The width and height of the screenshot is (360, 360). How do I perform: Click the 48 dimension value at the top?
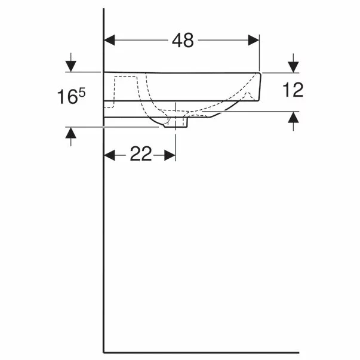click(183, 40)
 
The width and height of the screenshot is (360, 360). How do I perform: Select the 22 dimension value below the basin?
click(141, 155)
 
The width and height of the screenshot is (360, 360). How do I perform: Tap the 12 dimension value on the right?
click(293, 90)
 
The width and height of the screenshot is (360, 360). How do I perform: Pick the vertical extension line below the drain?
click(176, 143)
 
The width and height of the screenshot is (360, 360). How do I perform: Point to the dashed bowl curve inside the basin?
click(149, 101)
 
